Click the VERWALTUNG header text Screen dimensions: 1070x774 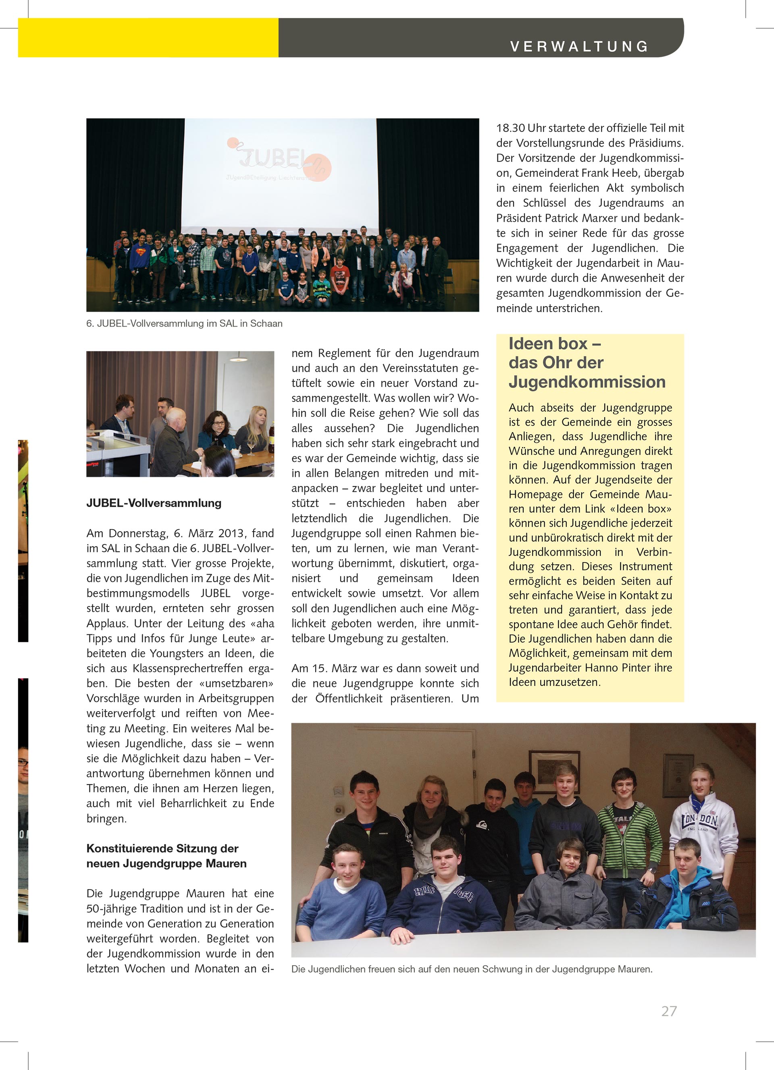pos(579,46)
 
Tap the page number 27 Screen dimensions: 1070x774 pos(669,1011)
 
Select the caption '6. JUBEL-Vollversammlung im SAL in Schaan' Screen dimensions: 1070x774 pos(184,324)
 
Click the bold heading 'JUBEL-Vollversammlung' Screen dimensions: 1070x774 pos(154,503)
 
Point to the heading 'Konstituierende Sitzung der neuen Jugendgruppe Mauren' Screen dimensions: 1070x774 pos(166,856)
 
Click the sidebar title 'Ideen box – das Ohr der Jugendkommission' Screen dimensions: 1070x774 pos(587,362)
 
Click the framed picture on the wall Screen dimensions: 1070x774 pos(554,770)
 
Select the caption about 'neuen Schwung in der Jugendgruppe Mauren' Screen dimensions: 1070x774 pos(471,969)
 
